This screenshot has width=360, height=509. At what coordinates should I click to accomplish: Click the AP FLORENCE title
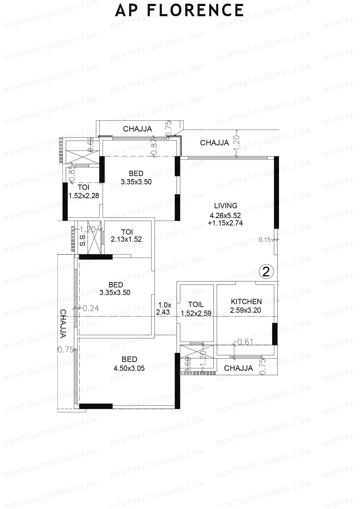[179, 10]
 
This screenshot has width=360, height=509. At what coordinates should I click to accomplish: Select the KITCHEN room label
[246, 301]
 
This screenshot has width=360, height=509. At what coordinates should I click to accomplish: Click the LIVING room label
[226, 206]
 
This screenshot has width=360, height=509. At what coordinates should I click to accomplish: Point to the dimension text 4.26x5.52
[225, 215]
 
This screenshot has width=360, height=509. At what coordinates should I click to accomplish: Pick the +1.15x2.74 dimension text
[225, 223]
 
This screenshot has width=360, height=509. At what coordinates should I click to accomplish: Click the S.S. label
[82, 240]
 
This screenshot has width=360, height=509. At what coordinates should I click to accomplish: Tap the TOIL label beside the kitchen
[196, 304]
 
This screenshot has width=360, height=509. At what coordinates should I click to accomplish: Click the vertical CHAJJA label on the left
[63, 324]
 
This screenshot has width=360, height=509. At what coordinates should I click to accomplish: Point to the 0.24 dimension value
[91, 308]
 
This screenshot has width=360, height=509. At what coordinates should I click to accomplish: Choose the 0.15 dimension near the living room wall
[265, 240]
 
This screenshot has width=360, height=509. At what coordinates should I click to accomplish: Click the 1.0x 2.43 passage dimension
[163, 309]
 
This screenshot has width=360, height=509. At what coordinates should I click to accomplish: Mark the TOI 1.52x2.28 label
[84, 192]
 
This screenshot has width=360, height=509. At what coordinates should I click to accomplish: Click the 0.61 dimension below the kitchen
[245, 342]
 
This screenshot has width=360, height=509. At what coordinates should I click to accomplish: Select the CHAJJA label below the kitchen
[238, 368]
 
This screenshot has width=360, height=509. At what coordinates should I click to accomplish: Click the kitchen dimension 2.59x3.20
[246, 310]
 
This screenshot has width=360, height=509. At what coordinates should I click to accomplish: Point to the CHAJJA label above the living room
[214, 143]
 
